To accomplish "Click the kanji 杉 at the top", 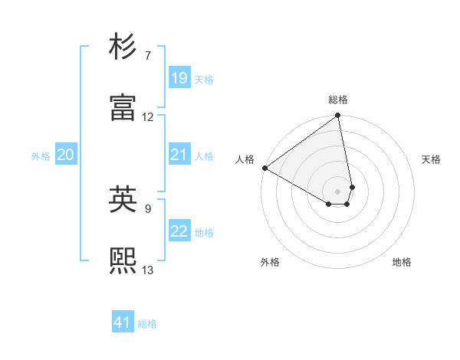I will tap(123, 49).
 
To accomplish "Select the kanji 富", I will tap(123, 108).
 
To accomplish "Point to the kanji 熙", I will tap(123, 260).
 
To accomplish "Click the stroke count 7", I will tap(148, 56).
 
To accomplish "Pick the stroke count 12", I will tap(148, 117).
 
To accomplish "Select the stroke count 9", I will tap(148, 207).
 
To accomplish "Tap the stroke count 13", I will tap(148, 269).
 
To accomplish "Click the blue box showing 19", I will tap(179, 77).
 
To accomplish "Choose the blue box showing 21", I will tap(179, 155).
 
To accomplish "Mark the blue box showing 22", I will tap(179, 231).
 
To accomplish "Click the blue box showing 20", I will tap(65, 155).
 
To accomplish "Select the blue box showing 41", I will tap(123, 322).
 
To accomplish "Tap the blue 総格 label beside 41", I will tap(147, 324).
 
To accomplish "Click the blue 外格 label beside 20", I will tap(41, 156).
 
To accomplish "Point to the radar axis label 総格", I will tap(338, 100).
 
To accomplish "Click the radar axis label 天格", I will tap(432, 159).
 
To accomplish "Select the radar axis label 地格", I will tap(402, 262).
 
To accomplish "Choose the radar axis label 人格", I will tap(245, 159).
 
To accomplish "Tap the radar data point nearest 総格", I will tap(338, 116).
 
